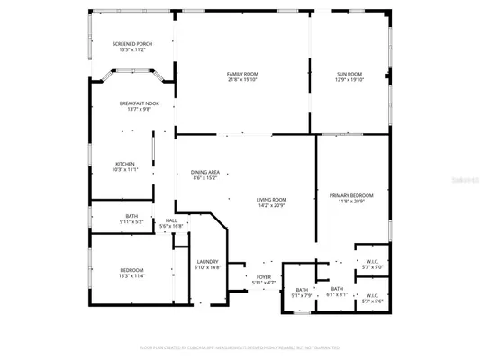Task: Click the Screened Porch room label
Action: pyautogui.click(x=132, y=44)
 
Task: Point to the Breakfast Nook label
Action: pyautogui.click(x=139, y=104)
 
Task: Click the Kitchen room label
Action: pyautogui.click(x=124, y=164)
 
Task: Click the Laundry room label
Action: pyautogui.click(x=208, y=262)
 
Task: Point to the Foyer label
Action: pyautogui.click(x=263, y=277)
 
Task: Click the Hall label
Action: pyautogui.click(x=171, y=220)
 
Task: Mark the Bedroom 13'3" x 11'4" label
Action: pyautogui.click(x=132, y=271)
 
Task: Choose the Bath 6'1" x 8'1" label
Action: pyautogui.click(x=336, y=289)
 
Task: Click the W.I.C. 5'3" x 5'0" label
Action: pyautogui.click(x=372, y=262)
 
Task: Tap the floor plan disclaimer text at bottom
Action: pyautogui.click(x=240, y=346)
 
